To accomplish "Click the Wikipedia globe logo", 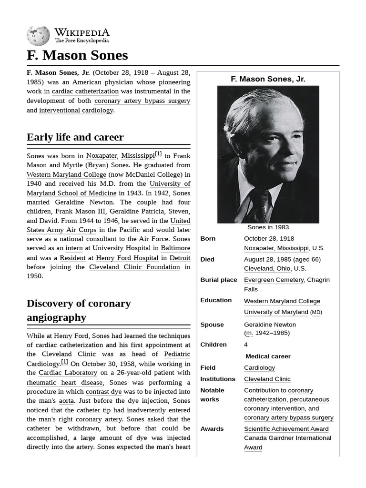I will click(38, 35).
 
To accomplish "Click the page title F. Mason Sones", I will click(77, 55).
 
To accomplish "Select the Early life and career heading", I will click(75, 137).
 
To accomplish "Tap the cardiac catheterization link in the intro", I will click(85, 91).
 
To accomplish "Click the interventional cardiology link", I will click(76, 110).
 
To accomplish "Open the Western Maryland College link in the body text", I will click(66, 174).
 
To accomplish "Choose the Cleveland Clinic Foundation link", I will click(134, 267).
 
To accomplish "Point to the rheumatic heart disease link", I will click(64, 382).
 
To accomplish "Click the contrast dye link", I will click(103, 392).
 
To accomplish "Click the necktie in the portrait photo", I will click(261, 207).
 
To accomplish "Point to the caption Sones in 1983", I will click(268, 227).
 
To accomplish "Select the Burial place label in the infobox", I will click(218, 280).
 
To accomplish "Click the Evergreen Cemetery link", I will click(274, 280).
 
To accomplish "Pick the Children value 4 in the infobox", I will click(246, 345).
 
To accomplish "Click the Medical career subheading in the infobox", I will click(268, 356).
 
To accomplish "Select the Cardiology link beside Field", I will click(259, 367).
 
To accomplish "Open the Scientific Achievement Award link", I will click(286, 429).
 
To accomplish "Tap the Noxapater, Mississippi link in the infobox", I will click(276, 248).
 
